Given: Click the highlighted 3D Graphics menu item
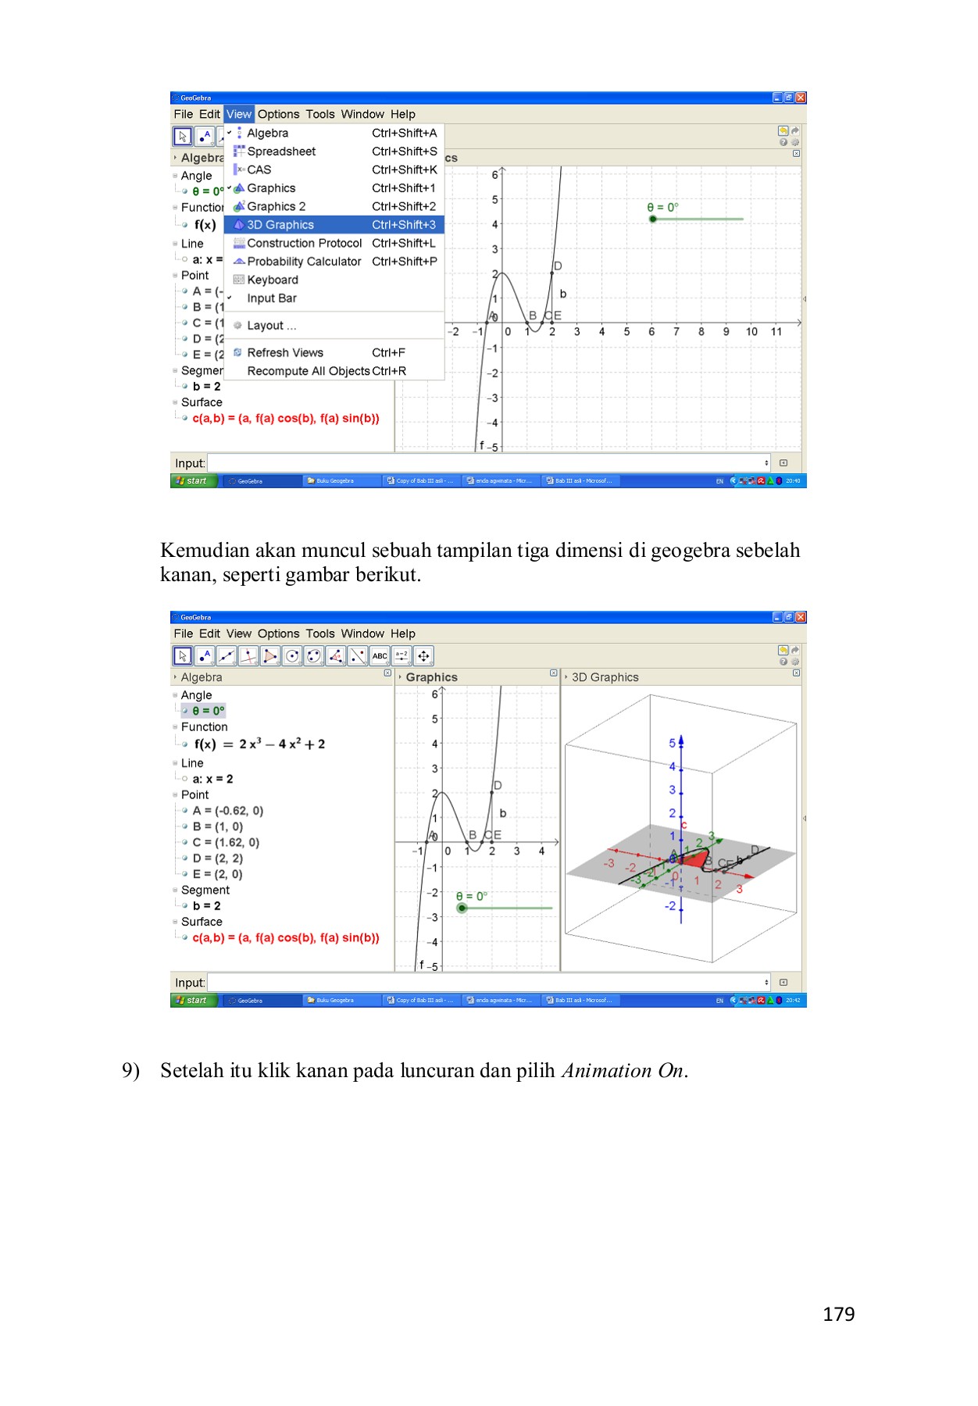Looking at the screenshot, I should coord(280,225).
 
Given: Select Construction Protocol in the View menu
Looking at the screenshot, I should coord(304,243).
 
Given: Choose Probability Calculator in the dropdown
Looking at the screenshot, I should coord(304,262).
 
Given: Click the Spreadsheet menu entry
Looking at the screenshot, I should coord(281,152).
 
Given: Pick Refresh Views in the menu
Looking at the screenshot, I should coord(284,353).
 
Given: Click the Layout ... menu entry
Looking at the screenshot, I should coord(271,326).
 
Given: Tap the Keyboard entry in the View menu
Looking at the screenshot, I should coord(272,280).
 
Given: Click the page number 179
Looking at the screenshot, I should coord(838,1314).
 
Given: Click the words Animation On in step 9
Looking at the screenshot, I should coord(622,1070).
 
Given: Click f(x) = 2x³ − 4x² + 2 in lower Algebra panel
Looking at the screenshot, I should coord(259,744).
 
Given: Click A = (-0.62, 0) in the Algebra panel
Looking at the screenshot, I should coord(227,811).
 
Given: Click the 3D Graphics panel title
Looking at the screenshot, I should coord(605,677).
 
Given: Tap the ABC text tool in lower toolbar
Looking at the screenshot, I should coord(380,656).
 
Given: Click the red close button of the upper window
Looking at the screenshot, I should coord(801,98).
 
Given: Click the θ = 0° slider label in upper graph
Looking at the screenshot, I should coord(662,207).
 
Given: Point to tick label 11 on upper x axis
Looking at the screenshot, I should coord(776,332).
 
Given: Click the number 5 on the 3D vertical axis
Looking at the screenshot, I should coord(672,743).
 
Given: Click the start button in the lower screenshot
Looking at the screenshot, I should coord(192,1001).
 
